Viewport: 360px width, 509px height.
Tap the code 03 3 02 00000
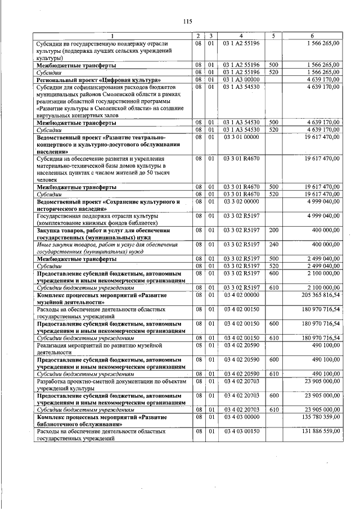pos(241,201)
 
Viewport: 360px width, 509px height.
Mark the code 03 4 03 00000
pos(241,418)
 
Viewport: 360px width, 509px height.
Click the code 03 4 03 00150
pos(241,431)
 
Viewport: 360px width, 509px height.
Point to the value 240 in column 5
pos(274,245)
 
